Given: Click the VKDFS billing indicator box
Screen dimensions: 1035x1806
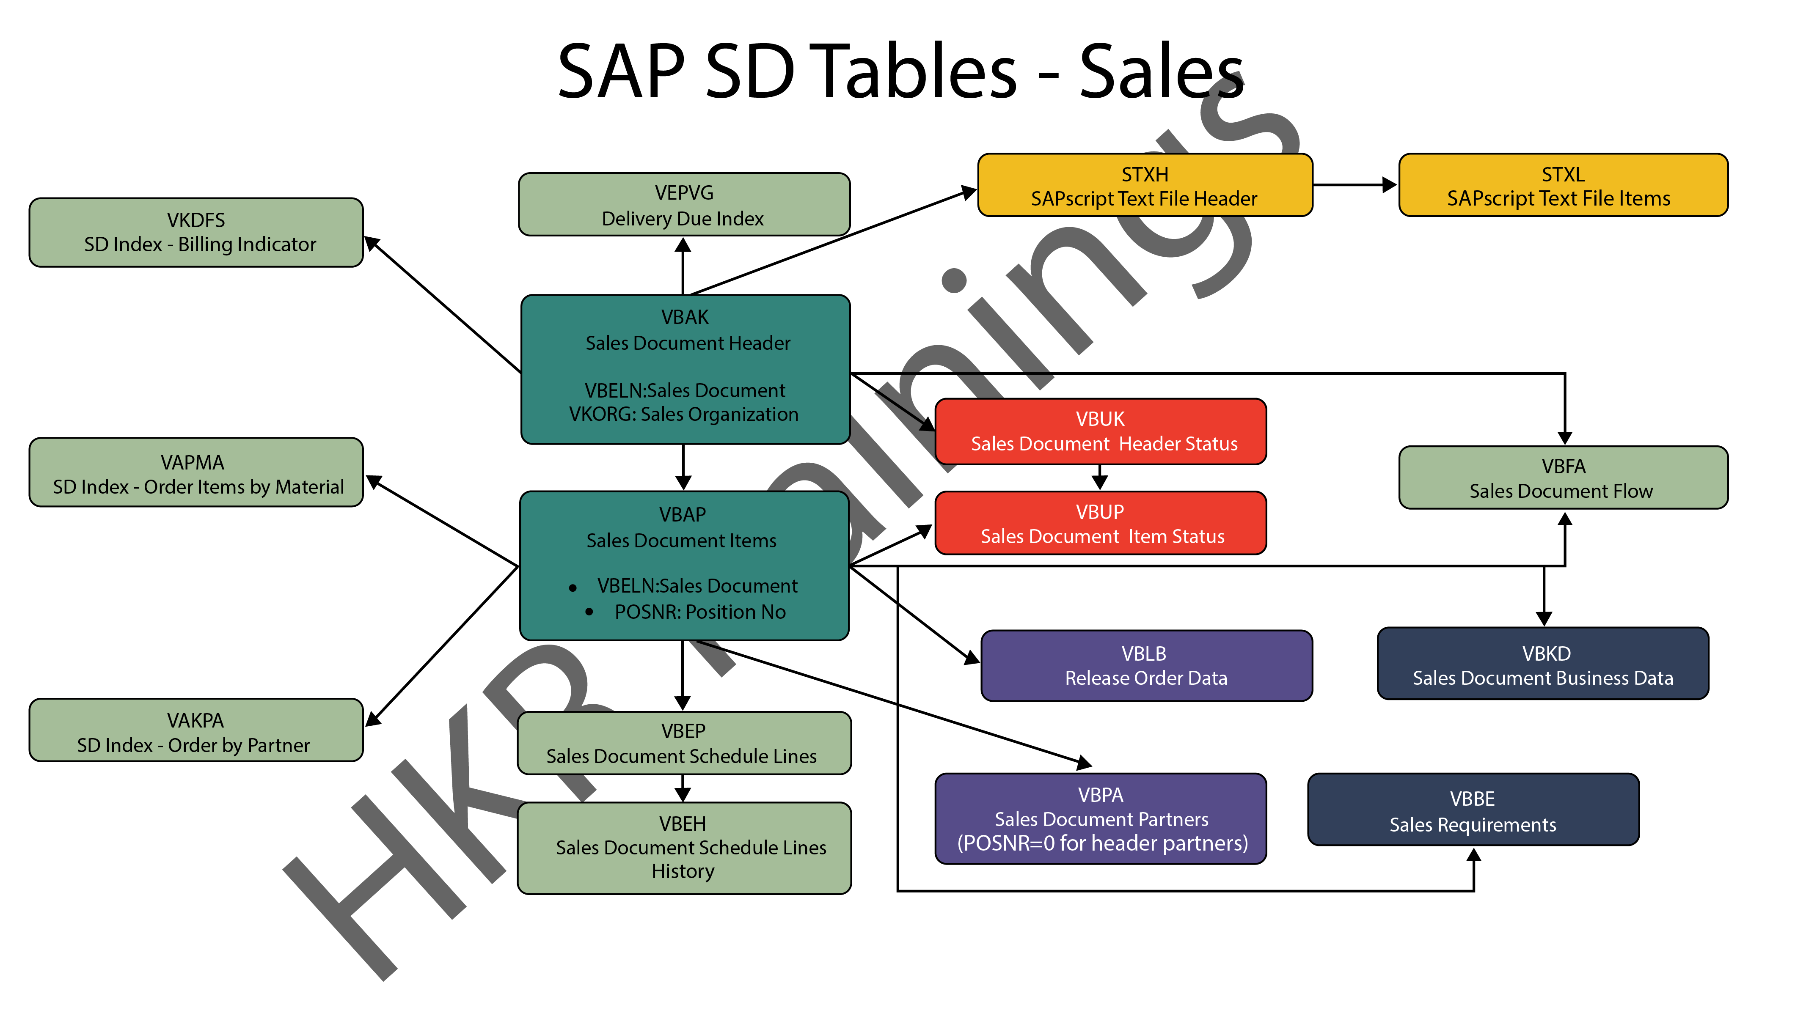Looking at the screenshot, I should tap(196, 233).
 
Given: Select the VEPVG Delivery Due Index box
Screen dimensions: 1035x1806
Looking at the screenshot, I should tap(684, 205).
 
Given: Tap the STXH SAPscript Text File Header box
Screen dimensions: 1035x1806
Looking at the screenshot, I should tap(1145, 186).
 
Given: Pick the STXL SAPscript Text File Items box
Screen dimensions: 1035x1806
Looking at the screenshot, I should tap(1563, 186).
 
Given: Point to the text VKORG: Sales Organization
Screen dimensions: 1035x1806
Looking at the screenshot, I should tap(683, 415).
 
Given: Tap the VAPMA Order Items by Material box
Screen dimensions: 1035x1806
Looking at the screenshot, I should tap(196, 473).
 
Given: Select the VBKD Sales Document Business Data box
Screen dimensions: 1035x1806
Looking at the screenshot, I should tap(1543, 664).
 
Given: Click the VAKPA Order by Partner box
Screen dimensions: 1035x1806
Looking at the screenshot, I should tap(196, 731).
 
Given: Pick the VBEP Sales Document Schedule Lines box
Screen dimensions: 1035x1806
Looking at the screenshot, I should tap(683, 744).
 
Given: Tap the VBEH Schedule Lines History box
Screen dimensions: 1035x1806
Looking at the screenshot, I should tap(683, 848).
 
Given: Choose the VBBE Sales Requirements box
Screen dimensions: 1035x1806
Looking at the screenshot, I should tap(1473, 810).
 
